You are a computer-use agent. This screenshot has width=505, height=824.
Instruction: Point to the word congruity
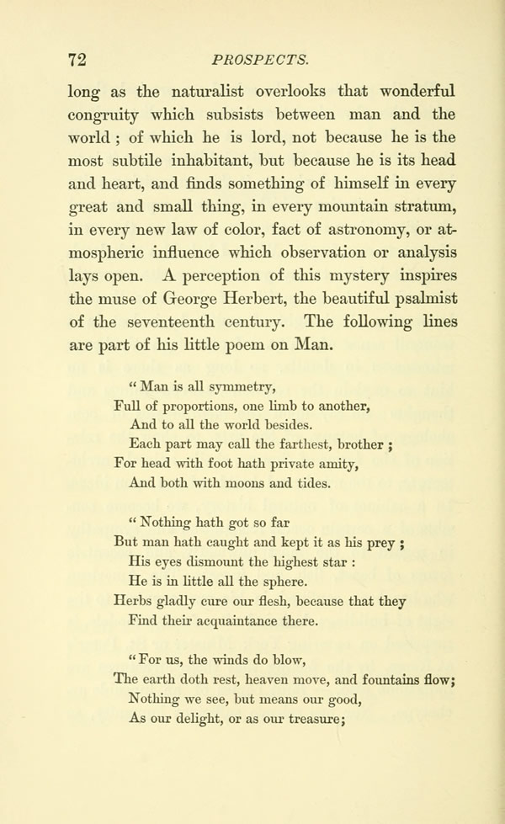coord(104,115)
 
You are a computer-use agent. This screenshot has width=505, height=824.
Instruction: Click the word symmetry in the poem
coord(227,387)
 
